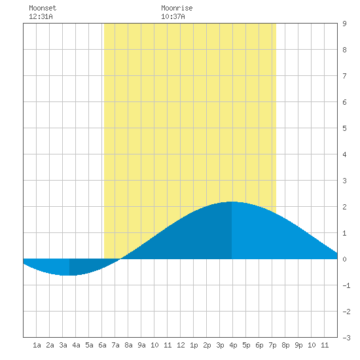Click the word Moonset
point(43,8)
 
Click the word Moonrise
point(177,8)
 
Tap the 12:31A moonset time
point(41,16)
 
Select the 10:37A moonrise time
point(173,16)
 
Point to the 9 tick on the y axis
point(344,24)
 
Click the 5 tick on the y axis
point(344,128)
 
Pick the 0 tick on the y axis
point(344,259)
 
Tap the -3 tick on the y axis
point(346,338)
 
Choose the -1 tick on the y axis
point(346,285)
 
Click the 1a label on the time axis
point(37,345)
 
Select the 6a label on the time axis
point(102,345)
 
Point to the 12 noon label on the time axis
point(181,345)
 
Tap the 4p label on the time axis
point(233,345)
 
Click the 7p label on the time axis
point(272,345)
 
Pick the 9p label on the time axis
point(298,345)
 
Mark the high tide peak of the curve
point(232,202)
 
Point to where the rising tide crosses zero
point(120,259)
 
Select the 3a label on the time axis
point(63,345)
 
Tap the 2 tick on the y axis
point(344,207)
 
